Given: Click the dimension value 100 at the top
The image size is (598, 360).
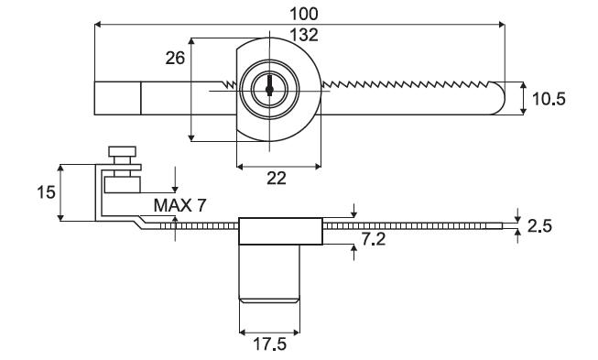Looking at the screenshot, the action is [x=303, y=14].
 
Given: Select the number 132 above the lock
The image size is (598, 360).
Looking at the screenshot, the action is [x=304, y=35].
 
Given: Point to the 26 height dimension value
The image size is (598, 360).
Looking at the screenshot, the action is [x=175, y=58].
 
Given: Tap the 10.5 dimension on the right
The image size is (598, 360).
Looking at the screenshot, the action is [x=549, y=99].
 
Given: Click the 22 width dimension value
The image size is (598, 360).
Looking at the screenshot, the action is [x=277, y=178].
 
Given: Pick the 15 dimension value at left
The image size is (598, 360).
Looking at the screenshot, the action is [x=46, y=192].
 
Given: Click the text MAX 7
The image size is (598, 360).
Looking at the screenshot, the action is [x=179, y=205].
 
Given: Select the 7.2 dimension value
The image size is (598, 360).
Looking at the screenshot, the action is [x=374, y=239].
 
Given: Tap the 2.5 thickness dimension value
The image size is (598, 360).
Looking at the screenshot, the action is [x=539, y=226].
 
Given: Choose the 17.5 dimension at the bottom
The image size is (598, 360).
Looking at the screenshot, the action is [x=270, y=344].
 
